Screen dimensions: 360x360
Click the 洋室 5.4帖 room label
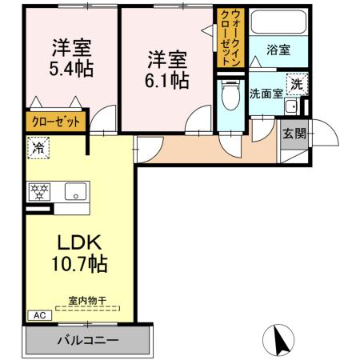70,56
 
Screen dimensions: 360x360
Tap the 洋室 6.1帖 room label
166,69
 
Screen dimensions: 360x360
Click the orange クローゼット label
54,122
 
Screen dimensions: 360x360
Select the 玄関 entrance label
294,133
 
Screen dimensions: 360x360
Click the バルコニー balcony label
87,341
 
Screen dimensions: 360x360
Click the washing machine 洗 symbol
296,84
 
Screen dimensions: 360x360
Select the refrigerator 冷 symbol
38,146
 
